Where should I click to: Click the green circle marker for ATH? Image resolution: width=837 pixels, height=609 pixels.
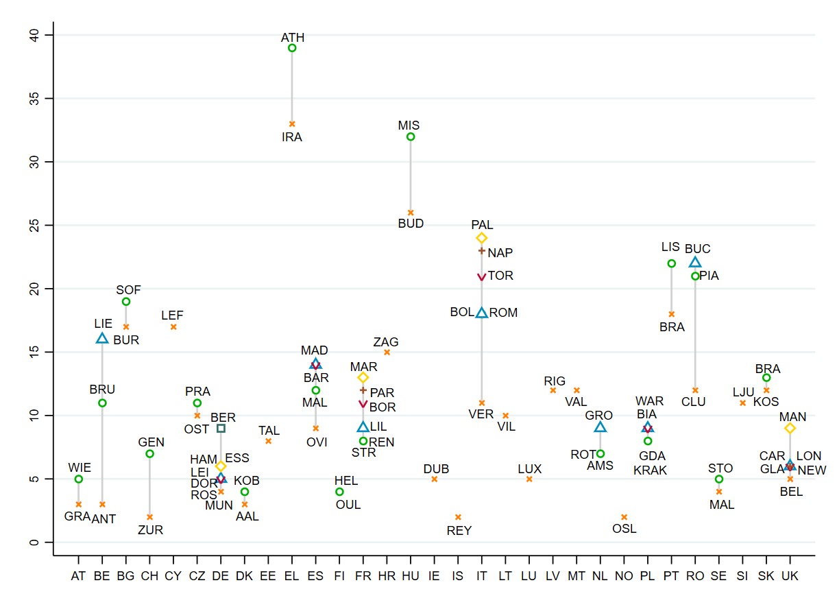pos(292,48)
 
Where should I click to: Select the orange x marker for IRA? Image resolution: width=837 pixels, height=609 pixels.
pos(292,124)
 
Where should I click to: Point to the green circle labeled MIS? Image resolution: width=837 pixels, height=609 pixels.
pos(411,136)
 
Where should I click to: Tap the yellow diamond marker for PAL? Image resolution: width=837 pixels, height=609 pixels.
pos(482,238)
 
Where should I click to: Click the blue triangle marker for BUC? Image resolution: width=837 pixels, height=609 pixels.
pos(695,262)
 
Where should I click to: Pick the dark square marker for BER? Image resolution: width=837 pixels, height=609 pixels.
pos(221,428)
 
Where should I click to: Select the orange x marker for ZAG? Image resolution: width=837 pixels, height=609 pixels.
pos(387,352)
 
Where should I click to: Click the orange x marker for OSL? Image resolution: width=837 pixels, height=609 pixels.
pos(624,516)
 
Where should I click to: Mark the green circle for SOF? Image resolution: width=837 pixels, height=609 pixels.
pos(126,301)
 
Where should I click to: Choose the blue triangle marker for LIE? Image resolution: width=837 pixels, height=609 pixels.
pos(102,338)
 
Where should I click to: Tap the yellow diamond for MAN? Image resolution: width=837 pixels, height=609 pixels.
pos(790,428)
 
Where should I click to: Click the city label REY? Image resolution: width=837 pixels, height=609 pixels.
pos(459,530)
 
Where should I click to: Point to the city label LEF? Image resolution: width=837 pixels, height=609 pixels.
pos(173,315)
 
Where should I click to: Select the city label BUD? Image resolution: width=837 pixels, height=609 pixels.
pos(411,224)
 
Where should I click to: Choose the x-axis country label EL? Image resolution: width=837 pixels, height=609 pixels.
pos(292,577)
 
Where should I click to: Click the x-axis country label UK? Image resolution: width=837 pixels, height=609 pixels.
pos(790,577)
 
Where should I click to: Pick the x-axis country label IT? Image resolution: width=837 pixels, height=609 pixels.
pos(482,577)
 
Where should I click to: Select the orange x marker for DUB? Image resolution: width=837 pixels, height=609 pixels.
pos(435,479)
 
